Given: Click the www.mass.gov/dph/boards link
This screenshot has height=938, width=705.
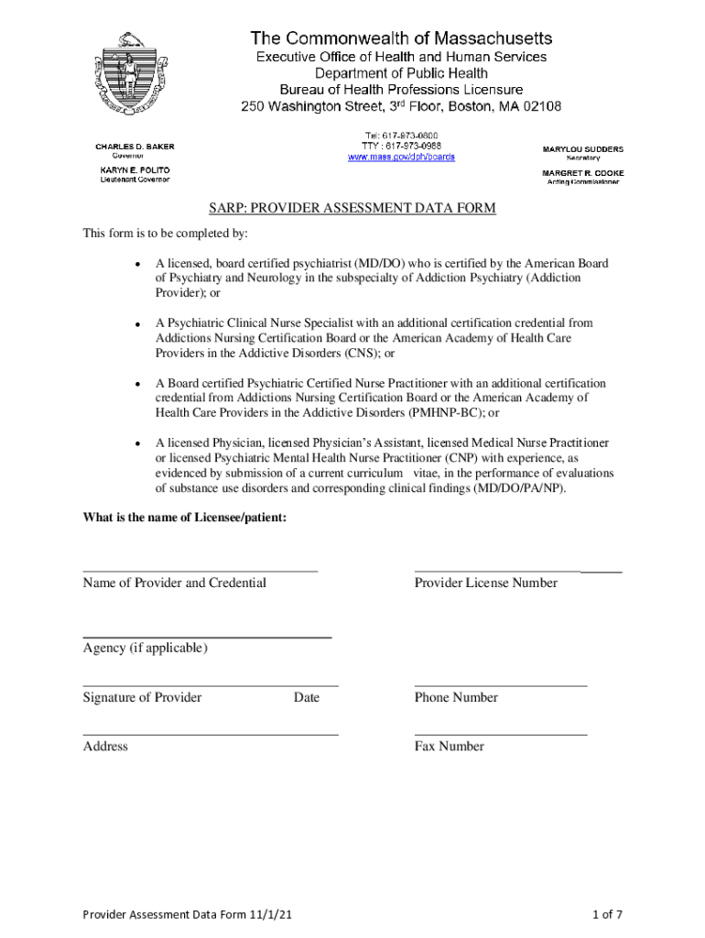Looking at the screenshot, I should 401,157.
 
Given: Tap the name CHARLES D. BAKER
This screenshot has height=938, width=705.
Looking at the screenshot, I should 135,147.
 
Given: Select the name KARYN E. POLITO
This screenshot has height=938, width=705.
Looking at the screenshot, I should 135,170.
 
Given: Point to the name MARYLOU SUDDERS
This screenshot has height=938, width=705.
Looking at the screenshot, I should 583,148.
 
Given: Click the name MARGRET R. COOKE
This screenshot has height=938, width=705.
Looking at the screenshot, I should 583,172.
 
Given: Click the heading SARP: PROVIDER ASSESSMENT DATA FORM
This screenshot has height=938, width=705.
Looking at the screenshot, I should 352,209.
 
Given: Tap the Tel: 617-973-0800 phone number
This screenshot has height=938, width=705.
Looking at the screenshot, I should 402,136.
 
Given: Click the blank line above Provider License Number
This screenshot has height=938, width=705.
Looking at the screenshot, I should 517,571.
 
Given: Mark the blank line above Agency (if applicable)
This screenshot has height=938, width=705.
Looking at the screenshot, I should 207,636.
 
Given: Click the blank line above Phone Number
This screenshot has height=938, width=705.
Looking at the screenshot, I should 500,685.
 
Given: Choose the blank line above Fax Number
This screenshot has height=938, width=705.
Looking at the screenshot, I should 500,734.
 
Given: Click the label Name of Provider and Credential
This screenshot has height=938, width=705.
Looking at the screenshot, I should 175,583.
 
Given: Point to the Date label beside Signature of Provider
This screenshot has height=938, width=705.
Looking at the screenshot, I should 307,698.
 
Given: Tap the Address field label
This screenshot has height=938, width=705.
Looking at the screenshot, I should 105,747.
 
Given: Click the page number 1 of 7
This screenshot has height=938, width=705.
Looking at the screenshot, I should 607,914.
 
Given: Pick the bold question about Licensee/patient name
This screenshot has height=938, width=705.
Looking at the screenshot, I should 185,518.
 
